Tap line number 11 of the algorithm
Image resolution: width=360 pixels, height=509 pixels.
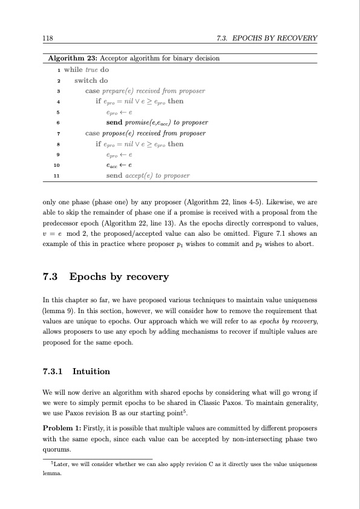pos(56,176)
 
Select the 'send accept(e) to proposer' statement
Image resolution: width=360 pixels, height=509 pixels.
pos(148,176)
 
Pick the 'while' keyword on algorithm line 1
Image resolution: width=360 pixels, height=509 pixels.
pos(73,69)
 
